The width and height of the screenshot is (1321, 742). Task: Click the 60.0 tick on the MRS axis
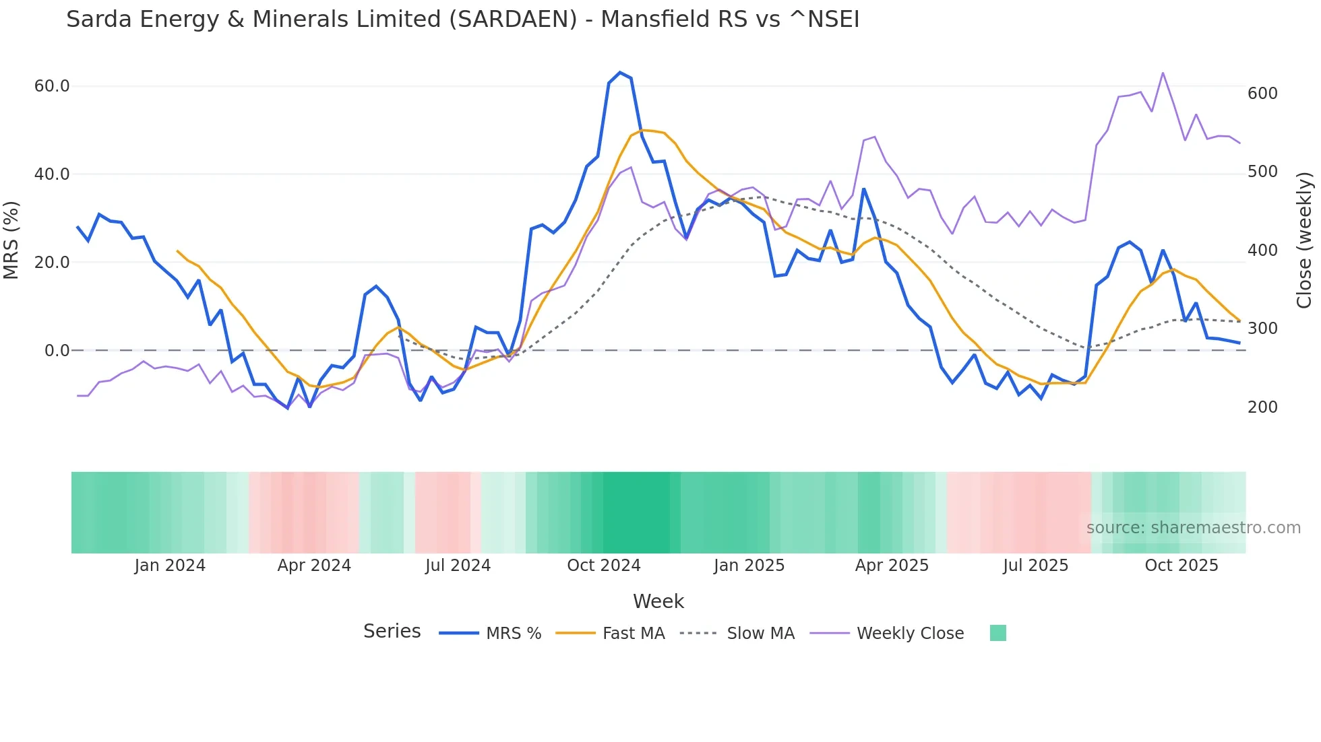point(52,86)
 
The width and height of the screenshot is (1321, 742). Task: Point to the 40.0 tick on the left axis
point(52,174)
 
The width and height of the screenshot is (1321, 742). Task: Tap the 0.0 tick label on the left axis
point(57,351)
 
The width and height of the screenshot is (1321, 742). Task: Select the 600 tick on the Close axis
point(1262,94)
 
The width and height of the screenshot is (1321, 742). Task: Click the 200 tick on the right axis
point(1262,407)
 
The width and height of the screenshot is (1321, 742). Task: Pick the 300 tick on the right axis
point(1262,329)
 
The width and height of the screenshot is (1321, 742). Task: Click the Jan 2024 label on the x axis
point(170,566)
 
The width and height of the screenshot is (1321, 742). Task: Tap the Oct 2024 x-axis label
point(603,566)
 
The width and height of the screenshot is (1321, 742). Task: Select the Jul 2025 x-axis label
point(1035,566)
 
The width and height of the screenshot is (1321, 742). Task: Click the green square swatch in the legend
point(997,633)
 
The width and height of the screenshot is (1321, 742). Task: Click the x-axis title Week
point(658,601)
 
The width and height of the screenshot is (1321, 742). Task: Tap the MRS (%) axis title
point(11,240)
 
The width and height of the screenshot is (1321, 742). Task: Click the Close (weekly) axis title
point(1305,240)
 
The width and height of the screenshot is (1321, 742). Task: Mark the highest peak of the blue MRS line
point(620,72)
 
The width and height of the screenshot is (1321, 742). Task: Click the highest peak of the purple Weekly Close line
point(1163,73)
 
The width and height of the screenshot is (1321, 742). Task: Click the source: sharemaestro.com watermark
point(1193,528)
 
